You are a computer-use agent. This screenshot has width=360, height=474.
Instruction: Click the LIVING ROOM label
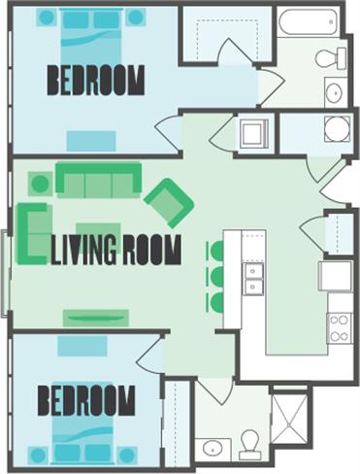coord(115,251)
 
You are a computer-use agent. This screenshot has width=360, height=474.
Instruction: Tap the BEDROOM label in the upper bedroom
coord(95,81)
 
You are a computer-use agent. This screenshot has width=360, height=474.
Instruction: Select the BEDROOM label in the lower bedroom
coord(85,400)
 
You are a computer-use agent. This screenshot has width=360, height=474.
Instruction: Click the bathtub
coord(307,22)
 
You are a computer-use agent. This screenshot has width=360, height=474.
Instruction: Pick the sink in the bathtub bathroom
coord(334,93)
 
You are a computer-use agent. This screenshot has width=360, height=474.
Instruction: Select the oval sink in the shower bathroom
coord(213,449)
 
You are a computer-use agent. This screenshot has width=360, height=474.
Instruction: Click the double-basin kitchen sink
coord(252,278)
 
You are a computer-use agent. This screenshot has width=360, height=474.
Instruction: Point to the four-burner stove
coord(340,326)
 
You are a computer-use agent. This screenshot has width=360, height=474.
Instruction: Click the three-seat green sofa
coord(98,179)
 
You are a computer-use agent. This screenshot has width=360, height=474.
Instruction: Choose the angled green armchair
coord(169,201)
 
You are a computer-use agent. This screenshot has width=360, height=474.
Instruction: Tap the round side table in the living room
coord(40,183)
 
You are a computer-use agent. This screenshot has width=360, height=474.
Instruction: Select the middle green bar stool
coord(215,277)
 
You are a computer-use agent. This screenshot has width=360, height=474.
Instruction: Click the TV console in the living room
coord(96,317)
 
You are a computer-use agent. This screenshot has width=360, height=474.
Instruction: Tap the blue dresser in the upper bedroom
coord(91,141)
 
